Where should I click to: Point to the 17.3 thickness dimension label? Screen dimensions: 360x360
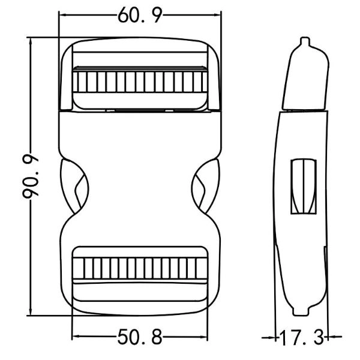(x=301, y=338)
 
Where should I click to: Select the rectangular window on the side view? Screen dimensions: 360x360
(x=304, y=187)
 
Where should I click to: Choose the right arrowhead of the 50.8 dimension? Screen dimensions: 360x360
(x=207, y=338)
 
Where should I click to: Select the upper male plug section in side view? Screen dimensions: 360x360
(x=306, y=78)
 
